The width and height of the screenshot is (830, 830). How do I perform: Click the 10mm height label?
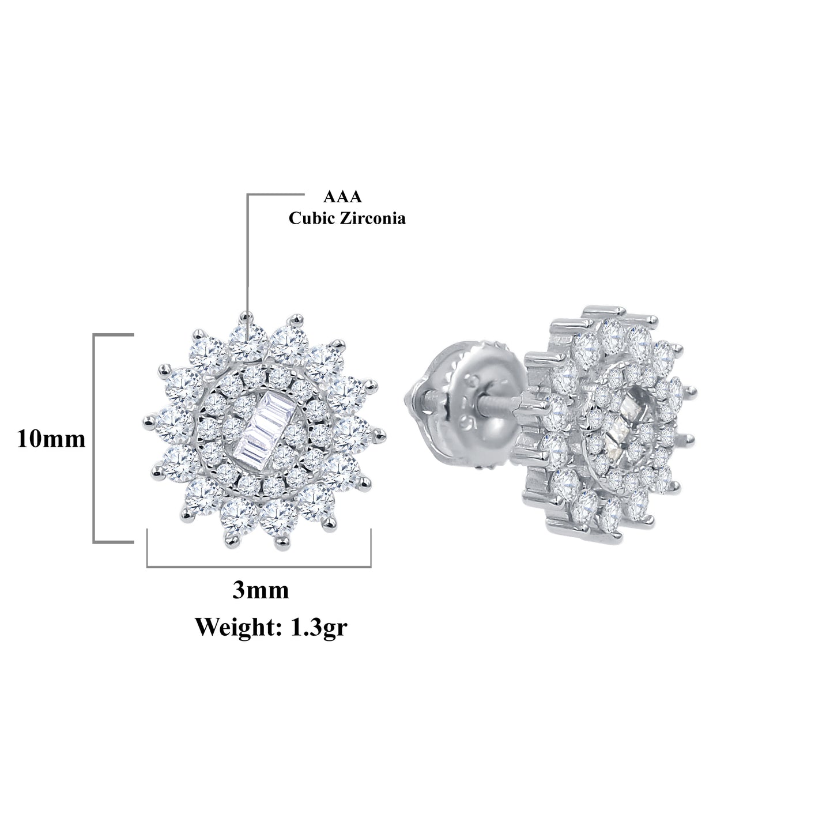pyautogui.click(x=51, y=440)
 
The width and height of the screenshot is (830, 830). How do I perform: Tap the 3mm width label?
pyautogui.click(x=260, y=590)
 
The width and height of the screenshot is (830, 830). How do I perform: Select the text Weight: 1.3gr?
pyautogui.click(x=271, y=627)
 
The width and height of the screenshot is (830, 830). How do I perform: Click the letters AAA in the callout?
pyautogui.click(x=342, y=197)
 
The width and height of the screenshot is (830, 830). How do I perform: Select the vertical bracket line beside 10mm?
pyautogui.click(x=95, y=438)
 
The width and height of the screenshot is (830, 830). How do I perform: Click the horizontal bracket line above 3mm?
pyautogui.click(x=259, y=567)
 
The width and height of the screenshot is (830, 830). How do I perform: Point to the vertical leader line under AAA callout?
pyautogui.click(x=248, y=259)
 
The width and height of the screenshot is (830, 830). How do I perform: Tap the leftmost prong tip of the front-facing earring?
pyautogui.click(x=144, y=422)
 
